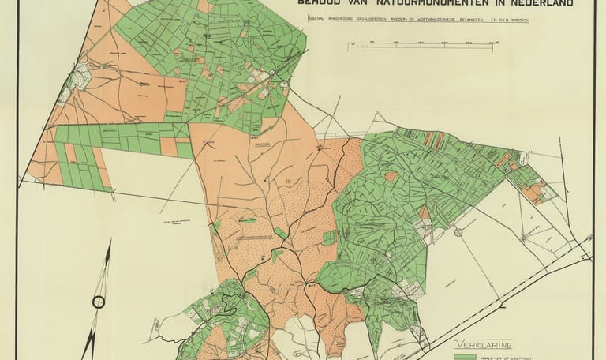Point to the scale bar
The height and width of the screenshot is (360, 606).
pos(420,46)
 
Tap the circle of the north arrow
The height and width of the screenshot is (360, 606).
pos(99,302)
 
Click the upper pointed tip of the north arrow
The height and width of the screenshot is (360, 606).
pos(109,242)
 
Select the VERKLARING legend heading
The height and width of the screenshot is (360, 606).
pos(484,345)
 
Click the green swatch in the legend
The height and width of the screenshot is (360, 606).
pos(466,357)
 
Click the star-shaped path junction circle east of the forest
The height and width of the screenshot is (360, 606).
pos(457,231)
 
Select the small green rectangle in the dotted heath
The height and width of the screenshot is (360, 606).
pos(276,255)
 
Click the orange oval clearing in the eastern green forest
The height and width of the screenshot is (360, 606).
pos(391,176)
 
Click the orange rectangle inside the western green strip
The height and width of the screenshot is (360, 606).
pos(169,147)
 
